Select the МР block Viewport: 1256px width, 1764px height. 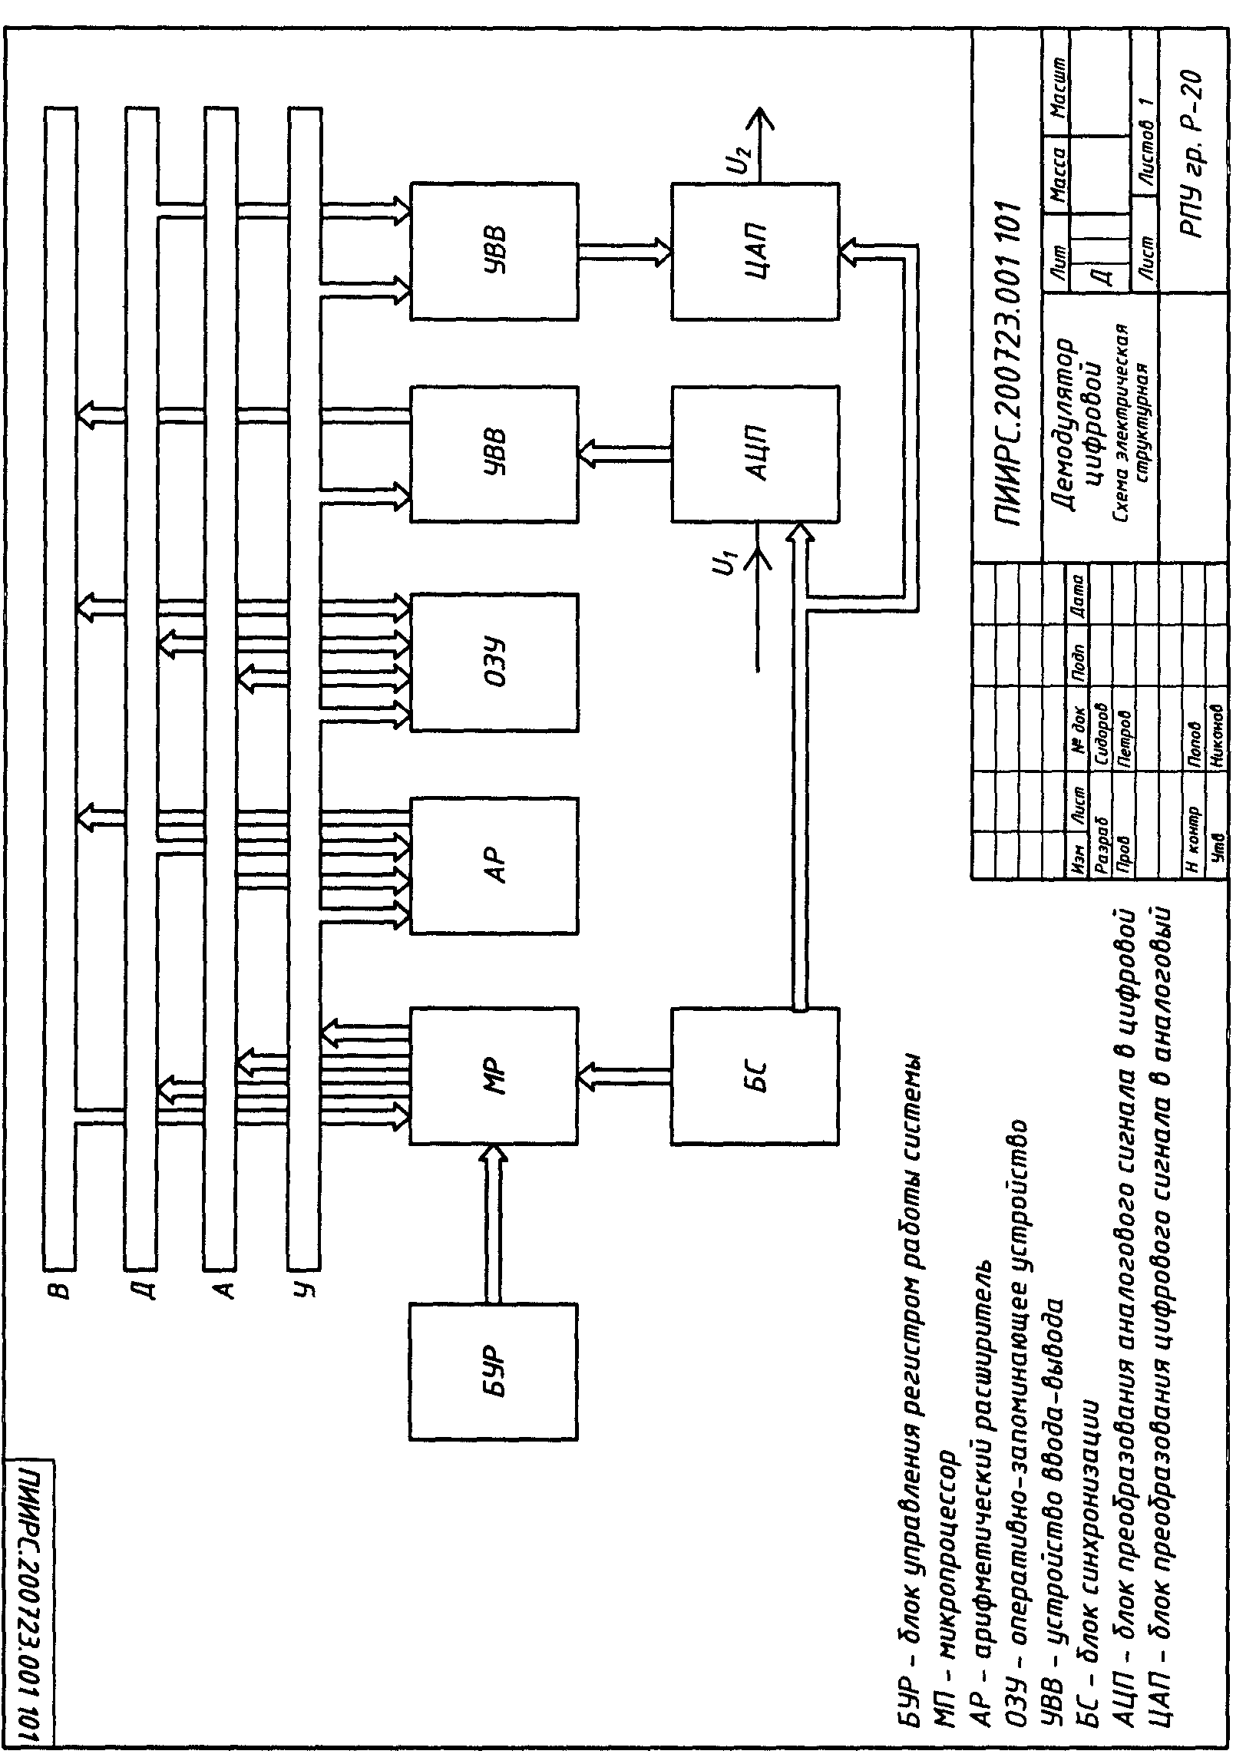coord(494,1075)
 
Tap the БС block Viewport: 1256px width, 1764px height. coord(755,1075)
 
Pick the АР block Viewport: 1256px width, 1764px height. coord(494,865)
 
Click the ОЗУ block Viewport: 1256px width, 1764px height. coord(494,662)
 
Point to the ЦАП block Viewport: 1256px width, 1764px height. coord(755,250)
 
